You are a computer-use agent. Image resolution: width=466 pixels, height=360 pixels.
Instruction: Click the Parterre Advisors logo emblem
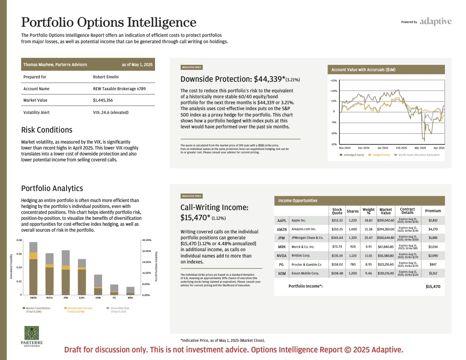pyautogui.click(x=32, y=333)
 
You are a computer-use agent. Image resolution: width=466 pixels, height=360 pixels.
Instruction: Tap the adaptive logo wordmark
pyautogui.click(x=435, y=21)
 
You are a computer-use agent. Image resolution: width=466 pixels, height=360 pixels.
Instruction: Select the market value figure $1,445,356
pyautogui.click(x=103, y=100)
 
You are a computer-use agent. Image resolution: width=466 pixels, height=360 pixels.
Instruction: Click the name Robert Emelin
pyautogui.click(x=106, y=77)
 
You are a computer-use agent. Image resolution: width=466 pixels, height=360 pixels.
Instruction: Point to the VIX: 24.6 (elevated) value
pyautogui.click(x=111, y=112)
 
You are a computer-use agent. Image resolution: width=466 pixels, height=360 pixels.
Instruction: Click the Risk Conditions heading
pyautogui.click(x=47, y=130)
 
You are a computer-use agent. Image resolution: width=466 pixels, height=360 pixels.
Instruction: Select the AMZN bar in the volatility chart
pyautogui.click(x=33, y=268)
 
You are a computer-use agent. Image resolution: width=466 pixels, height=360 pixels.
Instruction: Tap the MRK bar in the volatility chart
pyautogui.click(x=130, y=291)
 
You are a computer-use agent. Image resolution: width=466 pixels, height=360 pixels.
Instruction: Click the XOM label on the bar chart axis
pyautogui.click(x=98, y=298)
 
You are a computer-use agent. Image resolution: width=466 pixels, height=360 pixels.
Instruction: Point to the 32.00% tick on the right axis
pyautogui.click(x=147, y=251)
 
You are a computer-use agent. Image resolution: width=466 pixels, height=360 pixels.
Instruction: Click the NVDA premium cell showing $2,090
pyautogui.click(x=433, y=256)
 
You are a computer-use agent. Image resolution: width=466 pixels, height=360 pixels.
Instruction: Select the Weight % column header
pyautogui.click(x=369, y=211)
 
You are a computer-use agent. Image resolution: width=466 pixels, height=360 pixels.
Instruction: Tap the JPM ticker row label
pyautogui.click(x=281, y=238)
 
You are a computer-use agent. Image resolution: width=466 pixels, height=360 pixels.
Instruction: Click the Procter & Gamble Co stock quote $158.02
pyautogui.click(x=337, y=264)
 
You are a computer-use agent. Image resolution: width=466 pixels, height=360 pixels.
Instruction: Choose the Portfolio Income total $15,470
pyautogui.click(x=433, y=287)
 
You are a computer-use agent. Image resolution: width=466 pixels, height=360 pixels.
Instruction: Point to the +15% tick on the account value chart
pyautogui.click(x=333, y=80)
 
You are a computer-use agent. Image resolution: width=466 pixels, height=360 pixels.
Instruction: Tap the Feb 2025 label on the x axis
pyautogui.click(x=402, y=148)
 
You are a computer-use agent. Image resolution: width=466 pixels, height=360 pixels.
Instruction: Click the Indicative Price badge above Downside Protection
pyautogui.click(x=191, y=67)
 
